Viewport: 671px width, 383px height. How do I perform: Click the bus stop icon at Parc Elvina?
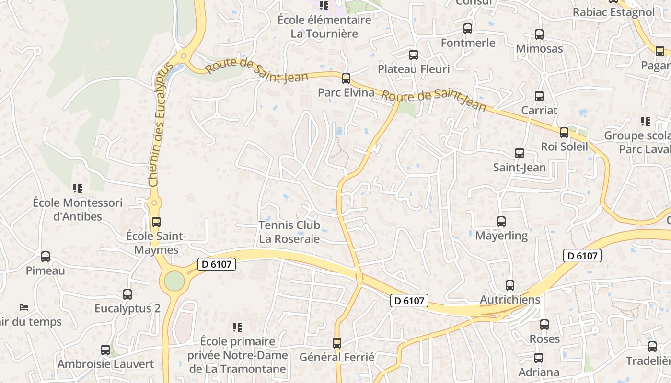346,79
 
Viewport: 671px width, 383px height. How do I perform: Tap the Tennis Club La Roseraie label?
289,232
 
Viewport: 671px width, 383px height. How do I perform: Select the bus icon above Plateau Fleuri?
414,55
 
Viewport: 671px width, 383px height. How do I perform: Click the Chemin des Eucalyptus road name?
160,124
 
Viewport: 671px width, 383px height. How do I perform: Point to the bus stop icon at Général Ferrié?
337,343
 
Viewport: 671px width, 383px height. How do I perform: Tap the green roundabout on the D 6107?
174,281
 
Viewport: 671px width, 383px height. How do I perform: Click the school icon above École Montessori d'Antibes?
77,189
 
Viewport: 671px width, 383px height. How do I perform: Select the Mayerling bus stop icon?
501,222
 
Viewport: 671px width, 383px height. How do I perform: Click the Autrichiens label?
510,300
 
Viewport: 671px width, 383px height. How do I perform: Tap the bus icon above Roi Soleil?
564,133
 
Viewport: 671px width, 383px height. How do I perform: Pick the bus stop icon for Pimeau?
46,257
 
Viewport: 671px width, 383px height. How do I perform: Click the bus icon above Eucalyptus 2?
127,294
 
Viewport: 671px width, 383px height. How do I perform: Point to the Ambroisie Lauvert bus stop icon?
105,350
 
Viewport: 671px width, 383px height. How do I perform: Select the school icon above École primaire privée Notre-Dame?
237,327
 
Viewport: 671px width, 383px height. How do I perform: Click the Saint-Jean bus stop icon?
520,153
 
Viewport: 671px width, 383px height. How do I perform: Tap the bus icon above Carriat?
539,96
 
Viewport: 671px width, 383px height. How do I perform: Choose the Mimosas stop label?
539,49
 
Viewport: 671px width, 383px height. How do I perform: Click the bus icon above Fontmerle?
468,29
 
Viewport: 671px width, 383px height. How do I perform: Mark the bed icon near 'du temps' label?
24,306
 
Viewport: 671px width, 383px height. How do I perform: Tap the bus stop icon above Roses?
544,325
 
